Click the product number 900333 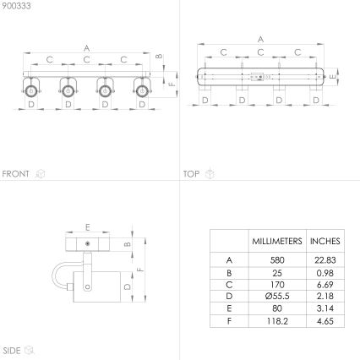pos(14,5)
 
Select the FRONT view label pos(15,174)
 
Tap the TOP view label pos(191,174)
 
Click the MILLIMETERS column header pos(276,241)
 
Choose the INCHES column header pos(325,241)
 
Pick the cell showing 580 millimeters pos(276,261)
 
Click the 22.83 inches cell pos(325,261)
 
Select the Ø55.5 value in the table pos(276,297)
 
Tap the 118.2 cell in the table pos(276,321)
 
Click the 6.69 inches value pos(325,285)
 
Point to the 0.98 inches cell pos(325,273)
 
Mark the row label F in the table pos(229,321)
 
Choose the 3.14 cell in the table pos(325,309)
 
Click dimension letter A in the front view pos(87,47)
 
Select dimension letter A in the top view pos(260,39)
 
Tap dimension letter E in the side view pos(87,226)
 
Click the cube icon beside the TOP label pos(210,174)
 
